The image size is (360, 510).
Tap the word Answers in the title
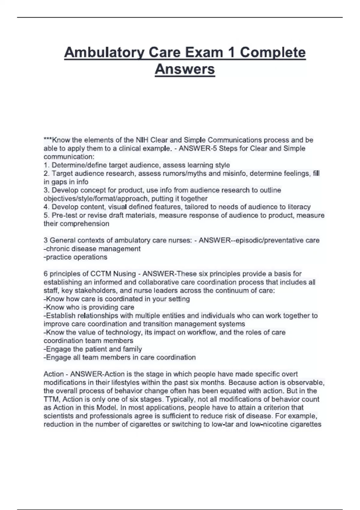[185, 69]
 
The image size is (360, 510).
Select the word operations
[90, 257]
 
